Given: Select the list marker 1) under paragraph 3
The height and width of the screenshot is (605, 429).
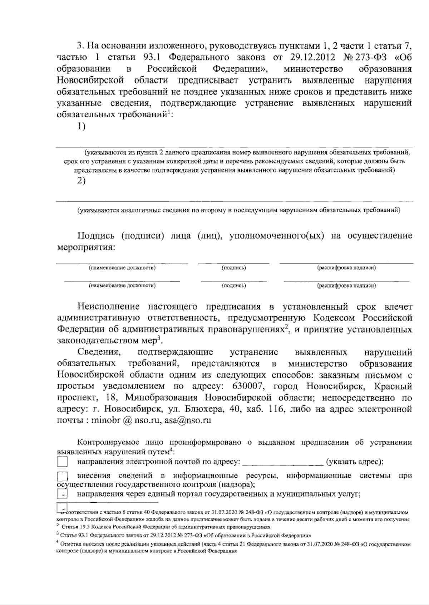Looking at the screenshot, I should (x=82, y=126).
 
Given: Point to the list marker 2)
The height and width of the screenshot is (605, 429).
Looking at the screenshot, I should (x=82, y=181).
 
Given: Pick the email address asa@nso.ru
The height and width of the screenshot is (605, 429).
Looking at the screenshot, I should (x=188, y=420).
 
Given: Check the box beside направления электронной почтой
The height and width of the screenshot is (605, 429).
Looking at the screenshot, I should (x=62, y=462).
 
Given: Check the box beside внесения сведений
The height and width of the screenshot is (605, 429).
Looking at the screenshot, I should (x=62, y=476).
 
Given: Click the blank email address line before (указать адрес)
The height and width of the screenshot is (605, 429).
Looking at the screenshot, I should (x=283, y=462).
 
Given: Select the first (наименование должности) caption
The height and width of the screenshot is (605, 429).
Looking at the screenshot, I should (x=122, y=268).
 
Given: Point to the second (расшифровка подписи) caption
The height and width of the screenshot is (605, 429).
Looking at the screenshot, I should (x=346, y=286).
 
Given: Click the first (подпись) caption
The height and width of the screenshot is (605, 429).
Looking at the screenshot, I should (x=234, y=268).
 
